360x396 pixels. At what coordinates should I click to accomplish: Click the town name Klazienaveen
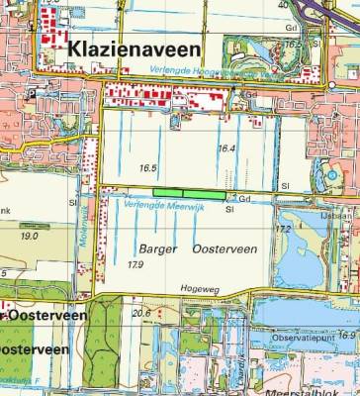tap(134, 48)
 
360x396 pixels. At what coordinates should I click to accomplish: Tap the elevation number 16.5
tap(149, 168)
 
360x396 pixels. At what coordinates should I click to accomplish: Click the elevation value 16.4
tap(226, 148)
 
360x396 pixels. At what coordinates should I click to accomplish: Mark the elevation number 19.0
tap(29, 237)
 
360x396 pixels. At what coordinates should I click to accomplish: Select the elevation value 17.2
tap(283, 229)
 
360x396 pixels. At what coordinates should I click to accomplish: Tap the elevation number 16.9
tap(346, 336)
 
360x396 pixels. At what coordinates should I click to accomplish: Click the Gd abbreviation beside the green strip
tap(243, 198)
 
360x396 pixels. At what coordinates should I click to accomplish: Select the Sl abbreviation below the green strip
tap(229, 209)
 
